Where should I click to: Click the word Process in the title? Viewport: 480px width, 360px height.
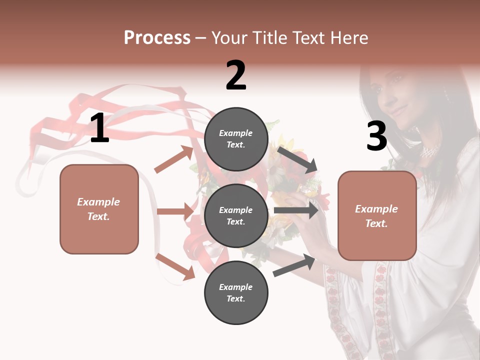[x=157, y=38]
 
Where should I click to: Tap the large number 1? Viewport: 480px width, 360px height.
[x=99, y=128]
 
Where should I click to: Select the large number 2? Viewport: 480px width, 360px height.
[x=236, y=75]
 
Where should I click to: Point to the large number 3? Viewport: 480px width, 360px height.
[x=376, y=136]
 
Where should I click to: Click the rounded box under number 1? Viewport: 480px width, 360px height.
[x=99, y=209]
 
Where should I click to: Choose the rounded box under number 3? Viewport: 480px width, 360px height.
[x=377, y=215]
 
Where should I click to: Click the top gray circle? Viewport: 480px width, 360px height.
[x=236, y=139]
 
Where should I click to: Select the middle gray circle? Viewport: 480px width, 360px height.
[x=236, y=215]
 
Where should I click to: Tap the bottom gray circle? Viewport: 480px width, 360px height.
[x=236, y=292]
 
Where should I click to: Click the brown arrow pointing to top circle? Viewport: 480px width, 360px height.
[x=174, y=159]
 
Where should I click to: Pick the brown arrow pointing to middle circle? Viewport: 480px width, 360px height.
[x=175, y=211]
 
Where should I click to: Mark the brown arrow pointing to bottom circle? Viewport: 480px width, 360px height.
[x=175, y=266]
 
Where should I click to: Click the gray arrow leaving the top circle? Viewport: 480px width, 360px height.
[x=297, y=159]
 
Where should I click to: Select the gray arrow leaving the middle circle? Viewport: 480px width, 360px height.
[x=295, y=210]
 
